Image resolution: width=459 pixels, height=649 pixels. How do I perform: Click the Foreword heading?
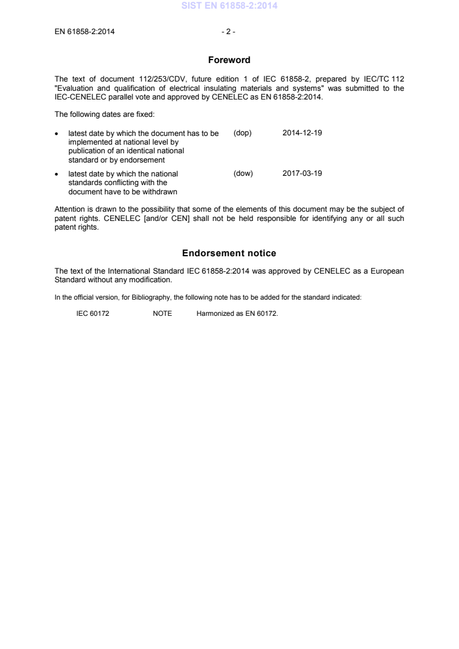229,60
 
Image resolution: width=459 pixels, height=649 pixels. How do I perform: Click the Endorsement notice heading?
229,253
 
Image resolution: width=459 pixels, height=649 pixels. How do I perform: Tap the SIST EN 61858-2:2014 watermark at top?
229,6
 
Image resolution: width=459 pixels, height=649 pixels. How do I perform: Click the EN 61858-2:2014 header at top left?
85,32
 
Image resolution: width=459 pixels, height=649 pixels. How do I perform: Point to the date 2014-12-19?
302,132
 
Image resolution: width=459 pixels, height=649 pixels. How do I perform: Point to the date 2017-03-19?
302,173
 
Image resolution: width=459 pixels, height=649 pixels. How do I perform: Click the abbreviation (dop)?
243,132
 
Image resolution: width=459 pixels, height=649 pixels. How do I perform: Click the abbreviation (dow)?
243,173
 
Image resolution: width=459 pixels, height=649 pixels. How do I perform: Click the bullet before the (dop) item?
57,133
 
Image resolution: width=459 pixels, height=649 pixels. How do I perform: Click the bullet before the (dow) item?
57,174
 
